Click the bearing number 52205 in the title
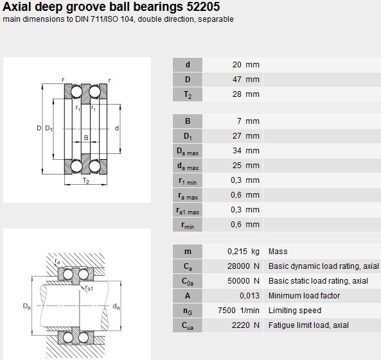(203, 6)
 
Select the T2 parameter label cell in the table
(188, 94)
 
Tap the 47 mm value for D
(246, 80)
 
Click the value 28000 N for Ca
(244, 266)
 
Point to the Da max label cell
(188, 151)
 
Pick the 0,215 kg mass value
(244, 252)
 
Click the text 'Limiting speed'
(295, 311)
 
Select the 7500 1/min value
(238, 311)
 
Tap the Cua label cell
(188, 325)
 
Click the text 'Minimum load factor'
(304, 296)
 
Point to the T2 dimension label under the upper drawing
(86, 180)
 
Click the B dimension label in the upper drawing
(86, 137)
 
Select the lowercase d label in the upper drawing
(117, 128)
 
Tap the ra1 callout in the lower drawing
(89, 288)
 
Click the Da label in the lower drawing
(27, 306)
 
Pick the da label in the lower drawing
(116, 306)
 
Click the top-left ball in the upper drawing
(76, 92)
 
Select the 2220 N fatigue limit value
(245, 325)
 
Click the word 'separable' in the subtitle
(216, 19)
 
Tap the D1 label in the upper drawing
(49, 128)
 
